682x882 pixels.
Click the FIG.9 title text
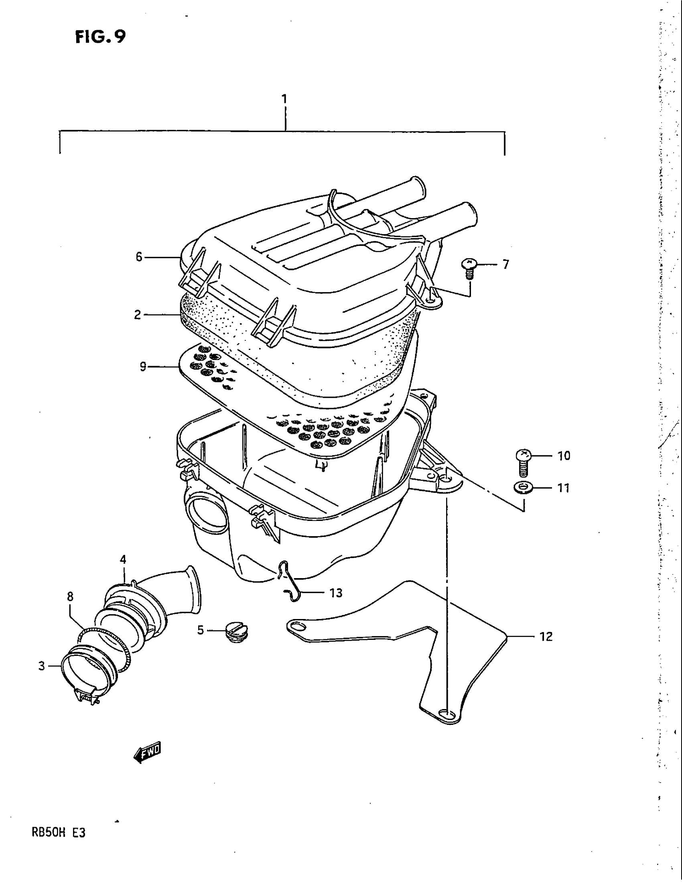coord(100,37)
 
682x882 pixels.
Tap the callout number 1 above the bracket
coord(285,99)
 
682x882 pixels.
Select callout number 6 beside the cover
coord(139,257)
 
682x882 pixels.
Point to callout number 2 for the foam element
coord(138,315)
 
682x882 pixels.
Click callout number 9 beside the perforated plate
coord(143,367)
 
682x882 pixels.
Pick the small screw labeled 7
coord(469,268)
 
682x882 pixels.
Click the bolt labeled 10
coord(524,463)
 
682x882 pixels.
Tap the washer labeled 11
coord(524,488)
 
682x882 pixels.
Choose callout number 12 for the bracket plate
coord(546,637)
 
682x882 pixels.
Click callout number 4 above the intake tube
coord(123,559)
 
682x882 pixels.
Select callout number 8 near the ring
coord(70,597)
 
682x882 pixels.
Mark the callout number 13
coord(336,593)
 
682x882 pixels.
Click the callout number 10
coord(564,456)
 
